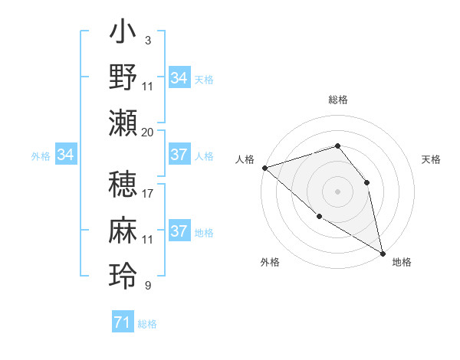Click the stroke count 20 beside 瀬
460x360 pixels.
tap(148, 133)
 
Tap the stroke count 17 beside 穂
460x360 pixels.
tap(148, 194)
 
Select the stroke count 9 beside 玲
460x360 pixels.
tap(147, 286)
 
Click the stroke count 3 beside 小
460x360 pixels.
tap(147, 40)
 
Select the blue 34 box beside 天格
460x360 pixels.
tap(179, 78)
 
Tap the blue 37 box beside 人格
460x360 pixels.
tap(179, 155)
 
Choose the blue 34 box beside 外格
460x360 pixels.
tap(66, 155)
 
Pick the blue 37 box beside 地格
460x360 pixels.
tap(179, 231)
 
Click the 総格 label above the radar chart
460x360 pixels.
tap(337, 100)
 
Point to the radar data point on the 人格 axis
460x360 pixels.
tap(264, 167)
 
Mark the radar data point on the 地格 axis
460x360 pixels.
tap(383, 252)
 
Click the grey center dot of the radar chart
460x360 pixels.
tap(337, 191)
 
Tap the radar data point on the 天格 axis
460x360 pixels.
tap(366, 182)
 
